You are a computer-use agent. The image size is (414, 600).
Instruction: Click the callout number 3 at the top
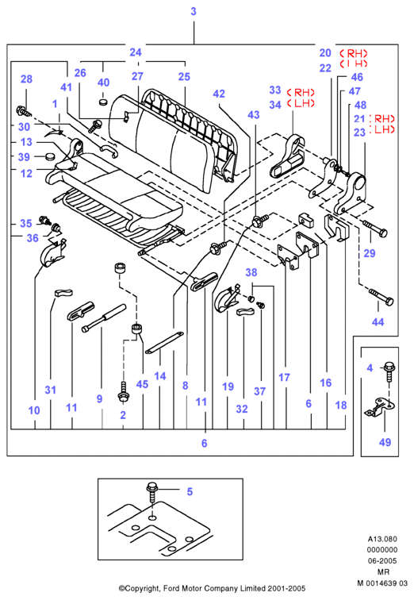click(x=194, y=11)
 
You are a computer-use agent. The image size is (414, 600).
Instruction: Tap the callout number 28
click(x=26, y=79)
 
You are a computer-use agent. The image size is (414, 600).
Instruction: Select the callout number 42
click(x=219, y=94)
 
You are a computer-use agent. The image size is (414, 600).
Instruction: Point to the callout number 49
click(x=385, y=442)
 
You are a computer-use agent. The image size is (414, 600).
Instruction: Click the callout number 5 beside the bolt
click(x=190, y=492)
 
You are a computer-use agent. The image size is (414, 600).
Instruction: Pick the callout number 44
click(x=378, y=321)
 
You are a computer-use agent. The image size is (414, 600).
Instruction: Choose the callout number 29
click(x=370, y=253)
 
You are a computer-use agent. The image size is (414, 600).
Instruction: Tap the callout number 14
click(x=159, y=376)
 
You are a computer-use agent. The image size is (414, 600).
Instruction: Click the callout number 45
click(x=142, y=384)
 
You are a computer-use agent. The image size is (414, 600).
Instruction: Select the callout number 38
click(x=251, y=272)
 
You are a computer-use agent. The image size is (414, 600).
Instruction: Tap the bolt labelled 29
click(x=374, y=228)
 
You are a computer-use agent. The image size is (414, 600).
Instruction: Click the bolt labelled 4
click(x=389, y=371)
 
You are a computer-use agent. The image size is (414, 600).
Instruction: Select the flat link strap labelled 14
click(x=164, y=343)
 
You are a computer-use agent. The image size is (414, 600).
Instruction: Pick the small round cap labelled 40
click(x=103, y=102)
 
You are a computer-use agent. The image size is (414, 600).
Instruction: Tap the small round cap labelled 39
click(x=49, y=156)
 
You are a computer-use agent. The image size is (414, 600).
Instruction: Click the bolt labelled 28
click(x=24, y=111)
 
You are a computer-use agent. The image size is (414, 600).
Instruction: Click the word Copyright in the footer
click(x=141, y=588)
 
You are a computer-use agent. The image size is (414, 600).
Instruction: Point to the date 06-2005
click(x=382, y=560)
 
